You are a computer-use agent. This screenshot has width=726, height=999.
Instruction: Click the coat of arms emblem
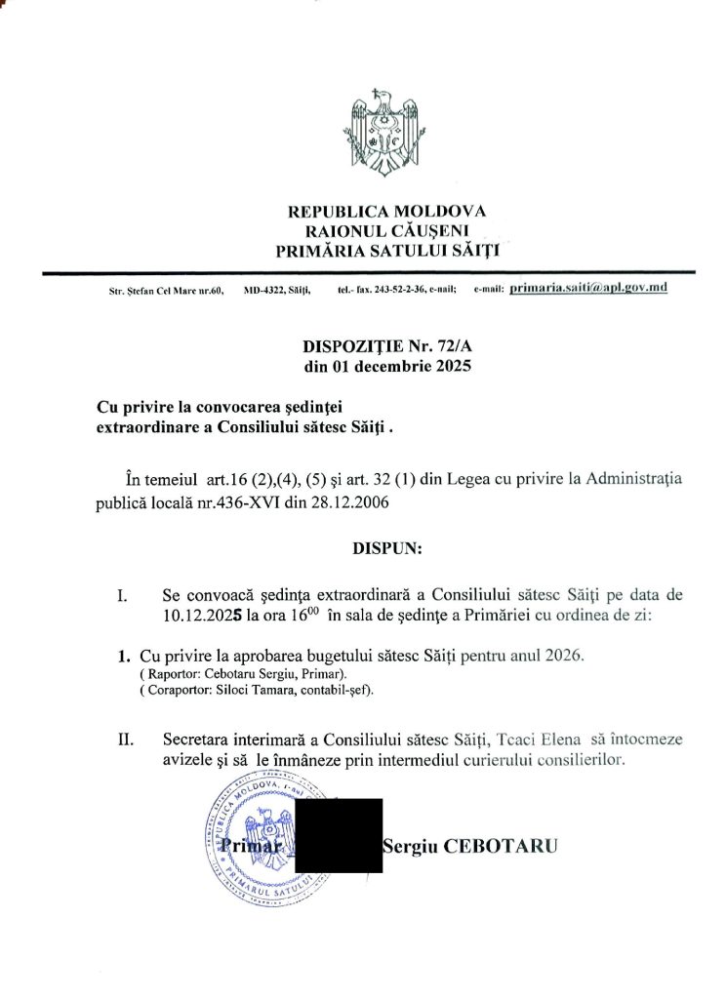386,134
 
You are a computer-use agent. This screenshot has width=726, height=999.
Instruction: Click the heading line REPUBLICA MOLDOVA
386,211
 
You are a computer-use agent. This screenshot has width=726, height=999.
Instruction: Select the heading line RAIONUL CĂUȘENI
386,230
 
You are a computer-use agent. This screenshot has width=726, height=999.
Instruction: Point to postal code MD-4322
262,291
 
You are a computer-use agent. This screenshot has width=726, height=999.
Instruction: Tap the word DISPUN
386,548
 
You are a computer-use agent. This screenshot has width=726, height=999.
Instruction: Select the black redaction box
338,835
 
